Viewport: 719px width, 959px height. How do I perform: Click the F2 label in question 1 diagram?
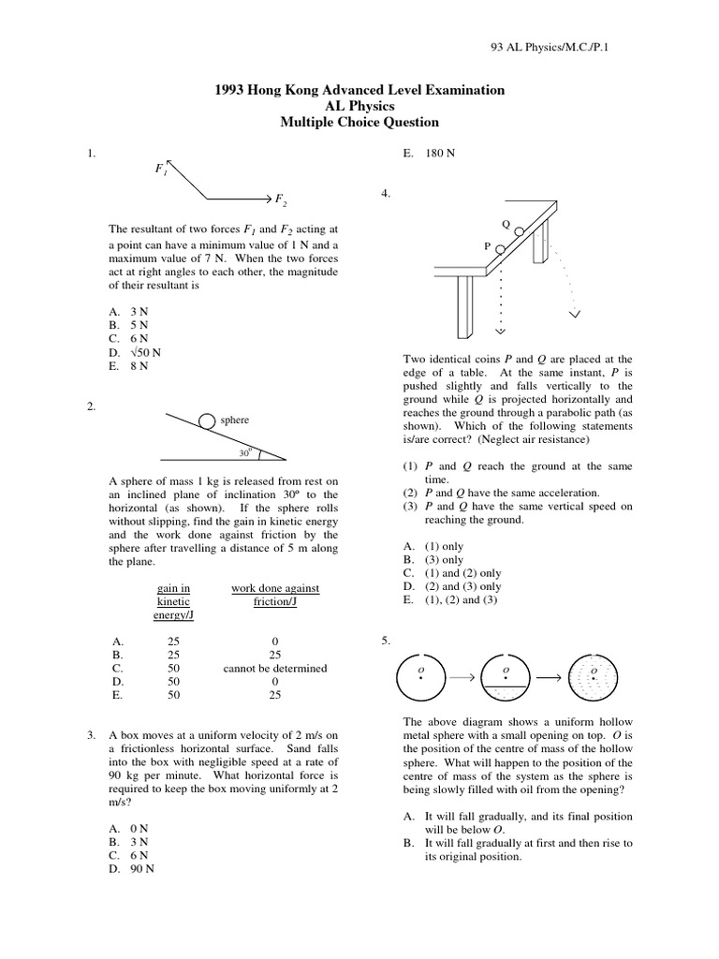pos(278,199)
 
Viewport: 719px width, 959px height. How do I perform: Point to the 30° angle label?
pos(245,451)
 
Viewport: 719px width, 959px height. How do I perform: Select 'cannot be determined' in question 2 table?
pos(275,669)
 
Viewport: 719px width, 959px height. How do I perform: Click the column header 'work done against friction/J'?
pos(275,595)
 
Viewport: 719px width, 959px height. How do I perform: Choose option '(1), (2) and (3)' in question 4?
pos(449,599)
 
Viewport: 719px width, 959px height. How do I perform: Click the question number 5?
pos(385,641)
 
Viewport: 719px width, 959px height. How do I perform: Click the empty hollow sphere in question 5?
pos(420,675)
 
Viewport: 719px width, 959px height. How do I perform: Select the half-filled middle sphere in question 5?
pos(506,676)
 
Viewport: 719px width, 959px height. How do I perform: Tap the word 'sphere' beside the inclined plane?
pos(235,420)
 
